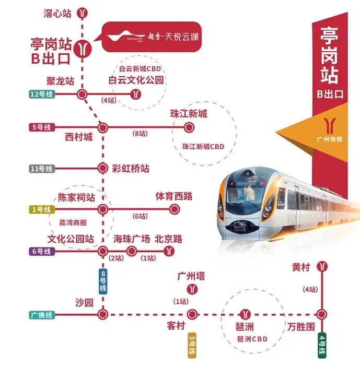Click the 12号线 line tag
point(42,95)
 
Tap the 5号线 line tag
point(42,127)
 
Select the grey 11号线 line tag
point(42,169)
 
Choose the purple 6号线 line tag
point(42,251)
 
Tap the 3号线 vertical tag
point(192,345)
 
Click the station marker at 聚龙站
point(82,95)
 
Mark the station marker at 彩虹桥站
point(103,168)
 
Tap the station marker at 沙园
point(103,314)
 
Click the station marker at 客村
point(192,314)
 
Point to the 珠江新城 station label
point(189,114)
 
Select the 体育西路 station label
point(174,196)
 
